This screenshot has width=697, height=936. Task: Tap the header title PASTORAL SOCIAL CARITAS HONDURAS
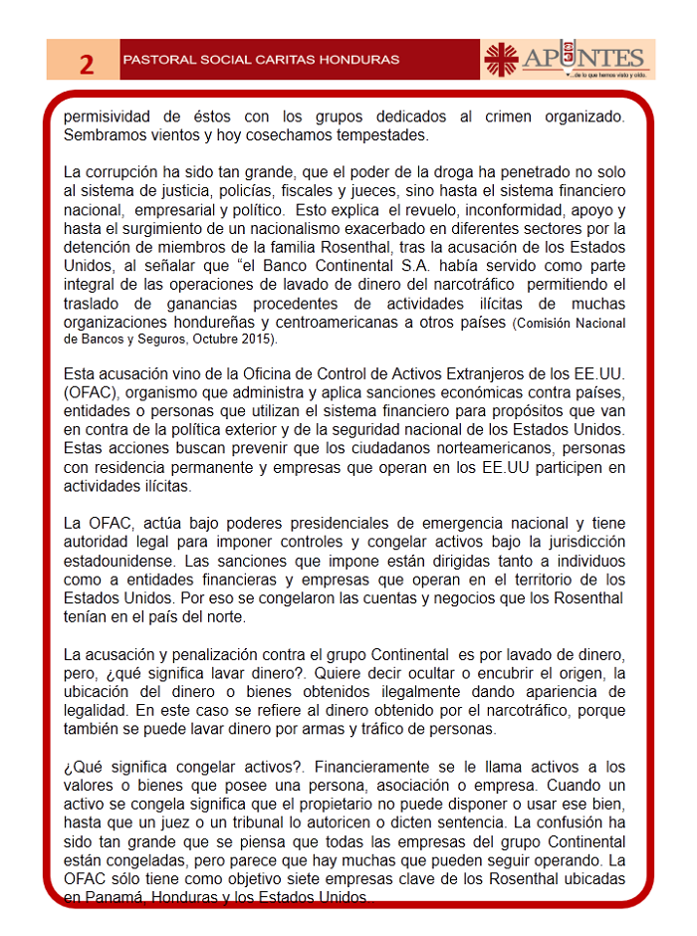coord(260,60)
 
